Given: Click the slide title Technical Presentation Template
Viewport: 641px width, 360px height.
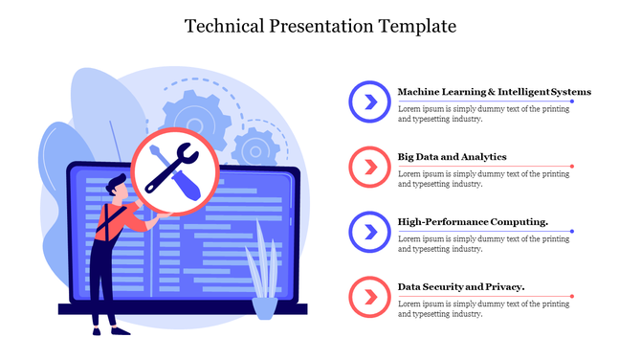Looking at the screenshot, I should point(320,25).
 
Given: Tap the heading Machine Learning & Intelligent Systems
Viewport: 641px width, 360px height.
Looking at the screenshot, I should point(494,92).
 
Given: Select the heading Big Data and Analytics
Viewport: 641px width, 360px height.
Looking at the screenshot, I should point(452,156).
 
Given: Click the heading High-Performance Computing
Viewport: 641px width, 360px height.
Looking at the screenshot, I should point(473,221).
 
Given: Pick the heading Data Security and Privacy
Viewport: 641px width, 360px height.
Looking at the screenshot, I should point(460,286).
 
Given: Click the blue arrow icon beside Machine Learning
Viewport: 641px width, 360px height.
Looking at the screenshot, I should point(366,101).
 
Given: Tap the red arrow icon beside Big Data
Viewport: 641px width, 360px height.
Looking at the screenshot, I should point(366,166).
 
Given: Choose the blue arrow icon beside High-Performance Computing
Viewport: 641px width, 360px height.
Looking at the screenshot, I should point(366,231).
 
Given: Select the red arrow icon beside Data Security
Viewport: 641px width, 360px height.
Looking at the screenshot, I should point(366,296).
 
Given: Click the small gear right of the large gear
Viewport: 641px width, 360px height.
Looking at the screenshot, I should point(255,148).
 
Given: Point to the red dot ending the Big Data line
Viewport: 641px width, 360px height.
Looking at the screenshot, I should point(572,167).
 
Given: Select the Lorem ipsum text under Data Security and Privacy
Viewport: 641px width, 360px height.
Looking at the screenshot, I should point(483,308).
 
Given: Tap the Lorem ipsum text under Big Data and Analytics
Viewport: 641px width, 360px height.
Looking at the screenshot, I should point(483,178).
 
